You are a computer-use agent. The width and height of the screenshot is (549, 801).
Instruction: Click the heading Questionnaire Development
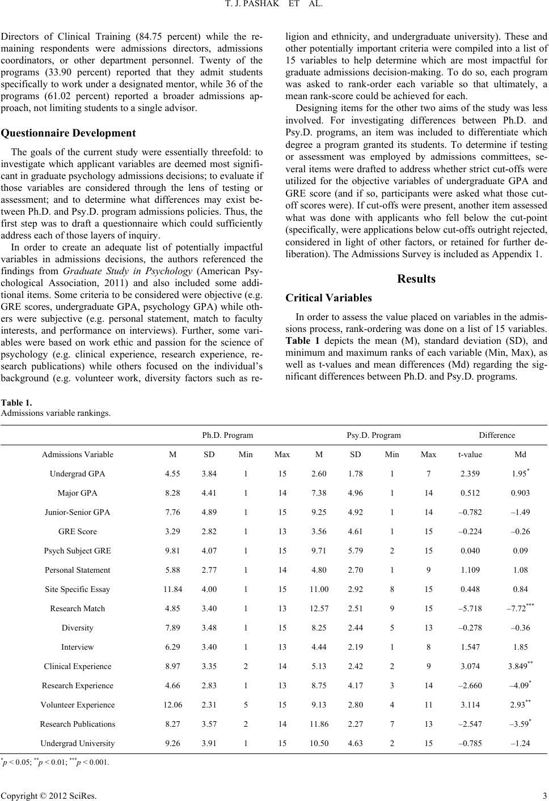click(69, 134)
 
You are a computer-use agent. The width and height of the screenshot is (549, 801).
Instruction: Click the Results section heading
click(416, 279)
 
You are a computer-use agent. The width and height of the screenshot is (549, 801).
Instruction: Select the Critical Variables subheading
click(328, 298)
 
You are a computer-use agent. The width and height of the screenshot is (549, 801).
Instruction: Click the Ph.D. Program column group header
click(227, 435)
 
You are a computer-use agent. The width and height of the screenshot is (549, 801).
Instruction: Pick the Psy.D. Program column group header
click(373, 435)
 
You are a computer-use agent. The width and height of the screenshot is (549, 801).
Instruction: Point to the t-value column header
click(470, 454)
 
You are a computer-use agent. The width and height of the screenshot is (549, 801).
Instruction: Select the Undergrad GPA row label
click(77, 474)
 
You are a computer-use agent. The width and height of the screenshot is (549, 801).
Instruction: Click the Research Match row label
click(77, 608)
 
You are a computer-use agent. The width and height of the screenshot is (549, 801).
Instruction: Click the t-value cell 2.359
click(470, 474)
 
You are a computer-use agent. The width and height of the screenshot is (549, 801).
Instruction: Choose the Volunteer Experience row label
click(77, 705)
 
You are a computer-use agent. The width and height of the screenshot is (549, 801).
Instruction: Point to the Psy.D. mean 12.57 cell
click(319, 608)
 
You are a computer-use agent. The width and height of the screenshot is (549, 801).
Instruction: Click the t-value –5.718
click(470, 608)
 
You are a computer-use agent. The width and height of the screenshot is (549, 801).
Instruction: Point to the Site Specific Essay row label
click(77, 589)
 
